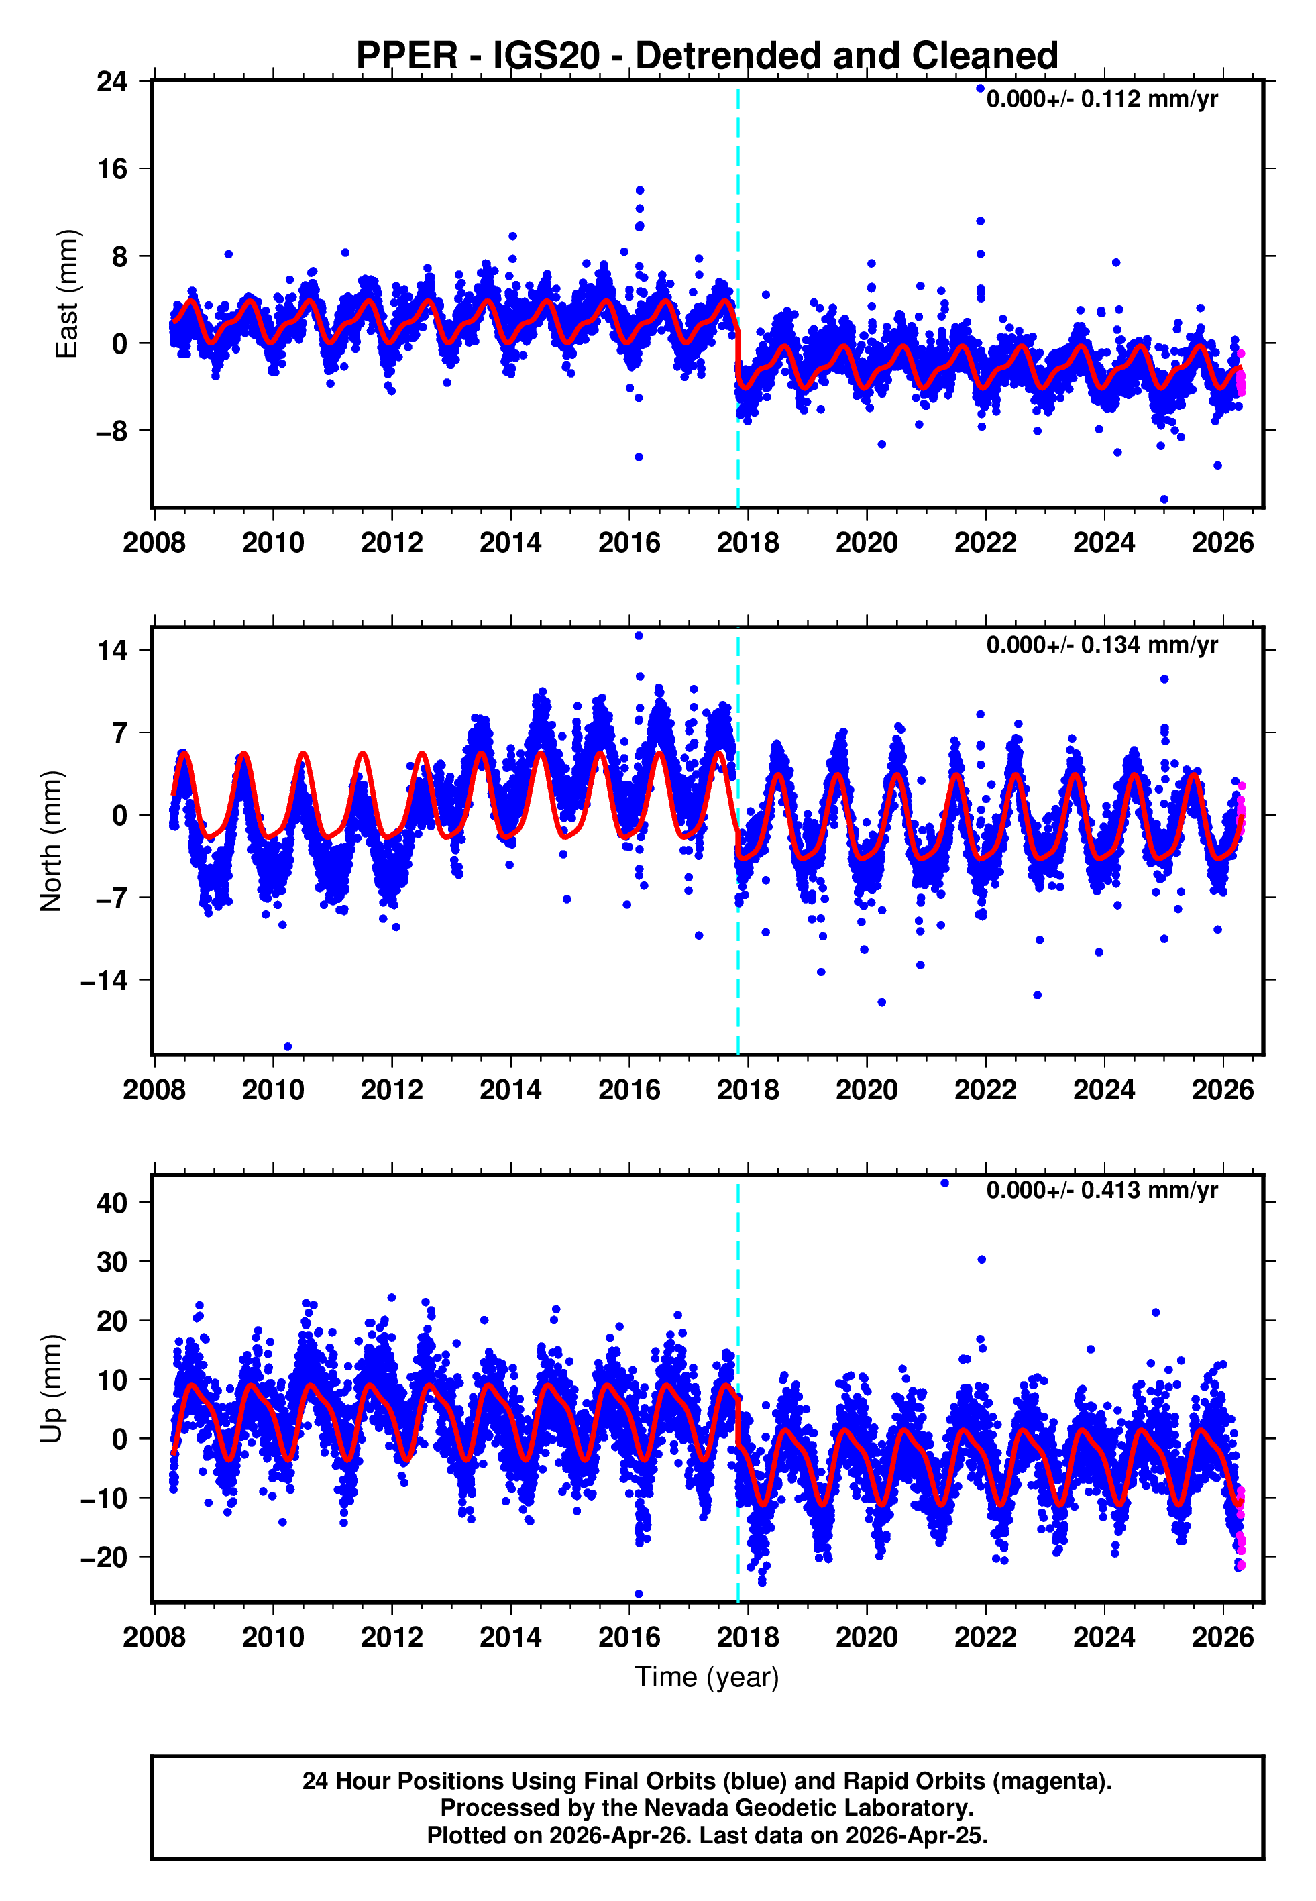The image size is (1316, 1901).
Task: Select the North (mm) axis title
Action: click(x=51, y=841)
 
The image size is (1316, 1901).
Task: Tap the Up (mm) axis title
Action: click(x=51, y=1389)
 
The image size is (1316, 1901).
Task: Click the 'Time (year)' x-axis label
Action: click(x=707, y=1677)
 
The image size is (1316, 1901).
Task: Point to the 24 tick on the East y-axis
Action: click(x=112, y=82)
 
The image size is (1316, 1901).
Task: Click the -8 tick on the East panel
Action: click(x=112, y=431)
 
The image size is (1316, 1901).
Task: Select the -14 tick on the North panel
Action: click(x=104, y=981)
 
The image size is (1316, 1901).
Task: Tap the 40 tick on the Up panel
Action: click(x=112, y=1203)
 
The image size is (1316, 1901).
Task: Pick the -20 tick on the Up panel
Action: click(x=104, y=1558)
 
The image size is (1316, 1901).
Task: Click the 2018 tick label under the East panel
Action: click(x=748, y=543)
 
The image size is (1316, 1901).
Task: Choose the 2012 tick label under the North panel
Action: click(x=392, y=1091)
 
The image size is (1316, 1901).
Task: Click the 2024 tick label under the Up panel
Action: click(x=1104, y=1637)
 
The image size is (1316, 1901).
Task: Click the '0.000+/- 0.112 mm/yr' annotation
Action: click(x=1101, y=99)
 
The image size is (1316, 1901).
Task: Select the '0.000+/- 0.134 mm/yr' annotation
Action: click(x=1101, y=645)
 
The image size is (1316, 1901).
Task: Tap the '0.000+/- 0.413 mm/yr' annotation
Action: click(x=1101, y=1191)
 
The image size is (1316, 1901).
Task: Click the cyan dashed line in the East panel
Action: click(x=738, y=206)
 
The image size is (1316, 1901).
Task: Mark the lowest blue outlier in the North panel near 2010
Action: click(x=288, y=1047)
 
